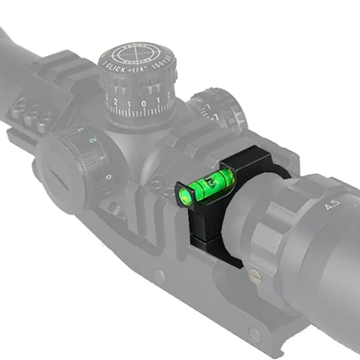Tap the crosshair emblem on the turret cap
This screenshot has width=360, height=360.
[135, 54]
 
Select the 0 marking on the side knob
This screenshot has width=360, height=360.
[108, 177]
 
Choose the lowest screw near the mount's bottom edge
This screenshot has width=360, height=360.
[255, 333]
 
